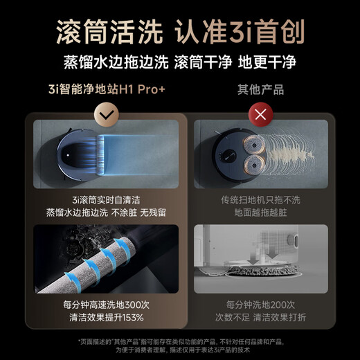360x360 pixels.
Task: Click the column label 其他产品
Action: pyautogui.click(x=261, y=90)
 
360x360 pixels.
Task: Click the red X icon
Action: pyautogui.click(x=261, y=114)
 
